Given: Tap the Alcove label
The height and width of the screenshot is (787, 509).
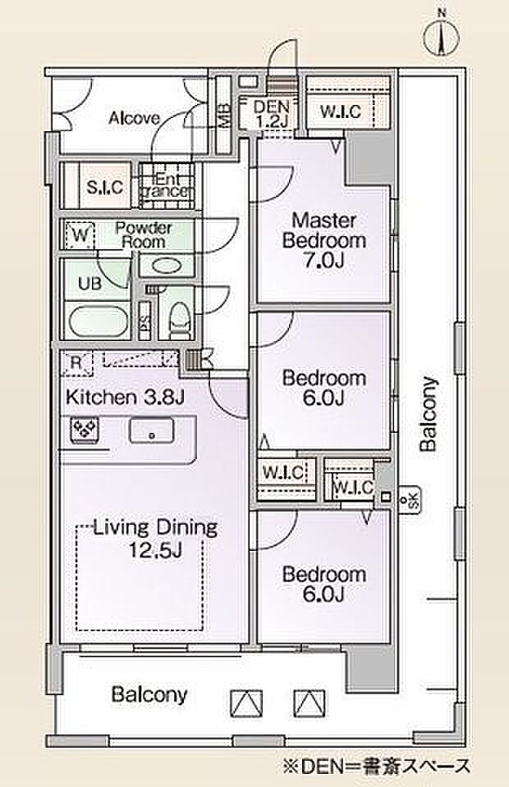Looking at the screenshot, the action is click(x=135, y=118).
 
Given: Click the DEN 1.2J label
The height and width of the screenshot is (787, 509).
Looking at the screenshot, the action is click(x=272, y=113).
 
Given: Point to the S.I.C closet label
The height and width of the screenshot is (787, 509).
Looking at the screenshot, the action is click(x=104, y=187).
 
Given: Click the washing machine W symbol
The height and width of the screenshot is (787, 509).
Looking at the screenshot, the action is click(x=80, y=235).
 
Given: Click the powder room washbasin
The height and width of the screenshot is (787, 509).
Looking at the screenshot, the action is click(x=166, y=265).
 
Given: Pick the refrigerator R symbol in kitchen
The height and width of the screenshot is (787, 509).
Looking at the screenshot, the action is click(x=76, y=362).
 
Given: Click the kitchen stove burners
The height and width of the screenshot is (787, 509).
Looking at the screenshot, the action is click(x=85, y=430).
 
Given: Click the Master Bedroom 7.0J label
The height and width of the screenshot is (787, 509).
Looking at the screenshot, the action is click(x=324, y=240).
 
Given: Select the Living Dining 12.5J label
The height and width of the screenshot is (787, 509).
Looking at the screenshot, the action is click(x=156, y=539).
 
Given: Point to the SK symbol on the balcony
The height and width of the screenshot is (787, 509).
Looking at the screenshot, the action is click(x=409, y=499).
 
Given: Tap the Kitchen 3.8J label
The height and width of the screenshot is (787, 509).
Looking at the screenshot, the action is click(x=126, y=397).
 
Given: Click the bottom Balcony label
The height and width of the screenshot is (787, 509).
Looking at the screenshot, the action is click(x=149, y=694).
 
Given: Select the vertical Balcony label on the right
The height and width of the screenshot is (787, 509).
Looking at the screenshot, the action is click(x=428, y=415).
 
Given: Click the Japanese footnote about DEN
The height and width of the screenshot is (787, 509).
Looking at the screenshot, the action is click(x=378, y=767).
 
